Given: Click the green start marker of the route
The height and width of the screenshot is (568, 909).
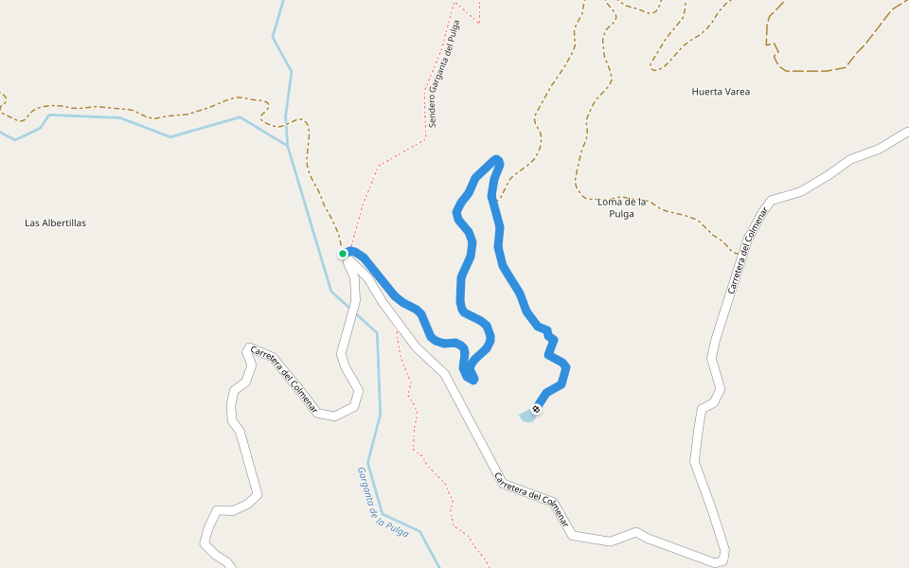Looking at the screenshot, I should pos(343,254).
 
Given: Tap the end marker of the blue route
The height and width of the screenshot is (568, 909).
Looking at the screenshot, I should pos(536,409).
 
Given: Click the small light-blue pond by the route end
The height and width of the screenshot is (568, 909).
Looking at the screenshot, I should pos(526,416).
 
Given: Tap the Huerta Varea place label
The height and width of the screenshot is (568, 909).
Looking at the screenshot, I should pos(721,92).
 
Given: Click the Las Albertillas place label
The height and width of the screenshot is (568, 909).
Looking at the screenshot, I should pos(55,223).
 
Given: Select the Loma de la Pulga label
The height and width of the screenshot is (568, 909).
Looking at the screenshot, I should pos(622,207).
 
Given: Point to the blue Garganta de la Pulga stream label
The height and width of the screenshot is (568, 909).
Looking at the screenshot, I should pos(382,503).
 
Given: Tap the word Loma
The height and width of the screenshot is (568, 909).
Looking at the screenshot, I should pos(609,202).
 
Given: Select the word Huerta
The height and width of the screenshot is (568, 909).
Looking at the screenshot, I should pos(705,92).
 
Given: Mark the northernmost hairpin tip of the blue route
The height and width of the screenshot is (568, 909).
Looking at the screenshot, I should pos(496,157).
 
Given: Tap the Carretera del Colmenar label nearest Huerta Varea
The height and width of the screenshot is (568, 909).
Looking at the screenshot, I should pos(745,254).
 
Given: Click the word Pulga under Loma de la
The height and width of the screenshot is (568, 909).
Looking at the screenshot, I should pos(621,214).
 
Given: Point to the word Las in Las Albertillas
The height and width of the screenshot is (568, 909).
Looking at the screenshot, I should pos(31,223).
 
